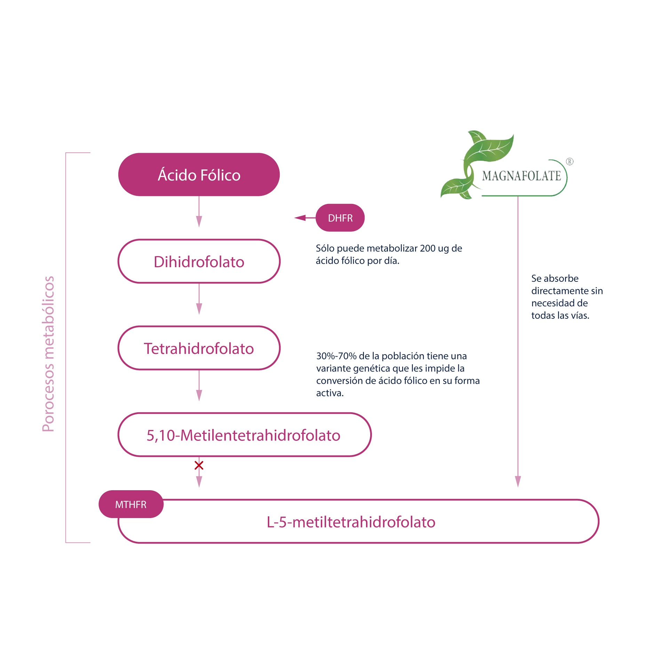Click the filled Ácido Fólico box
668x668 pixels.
[199, 174]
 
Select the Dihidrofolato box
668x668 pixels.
[199, 261]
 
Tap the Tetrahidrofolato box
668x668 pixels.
[199, 348]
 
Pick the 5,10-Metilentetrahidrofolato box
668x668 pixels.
[245, 435]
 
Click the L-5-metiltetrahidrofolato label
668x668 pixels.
[351, 522]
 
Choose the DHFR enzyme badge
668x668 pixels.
[340, 218]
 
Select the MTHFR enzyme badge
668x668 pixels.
[131, 504]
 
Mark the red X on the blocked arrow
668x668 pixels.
[199, 465]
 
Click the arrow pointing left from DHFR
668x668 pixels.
[305, 218]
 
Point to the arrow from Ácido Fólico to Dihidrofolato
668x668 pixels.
[199, 212]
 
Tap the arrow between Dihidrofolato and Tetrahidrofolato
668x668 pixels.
[199, 299]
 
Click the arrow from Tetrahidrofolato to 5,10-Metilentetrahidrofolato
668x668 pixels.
[199, 385]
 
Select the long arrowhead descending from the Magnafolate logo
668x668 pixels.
[518, 482]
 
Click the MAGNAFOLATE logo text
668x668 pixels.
[521, 176]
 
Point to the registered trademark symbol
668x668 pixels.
[570, 161]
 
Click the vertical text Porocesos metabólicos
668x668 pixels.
[48, 354]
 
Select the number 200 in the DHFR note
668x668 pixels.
[428, 248]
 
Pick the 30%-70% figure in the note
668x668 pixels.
[336, 356]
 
